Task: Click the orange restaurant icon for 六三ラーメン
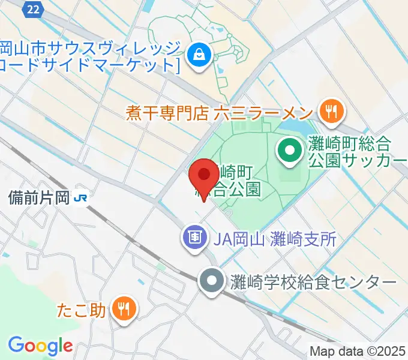pos(329,110)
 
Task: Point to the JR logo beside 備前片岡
pos(80,197)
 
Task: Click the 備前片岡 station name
pos(39,197)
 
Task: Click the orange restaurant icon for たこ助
pos(124,309)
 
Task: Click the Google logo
pos(40,346)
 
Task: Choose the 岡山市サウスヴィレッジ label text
pos(90,48)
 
